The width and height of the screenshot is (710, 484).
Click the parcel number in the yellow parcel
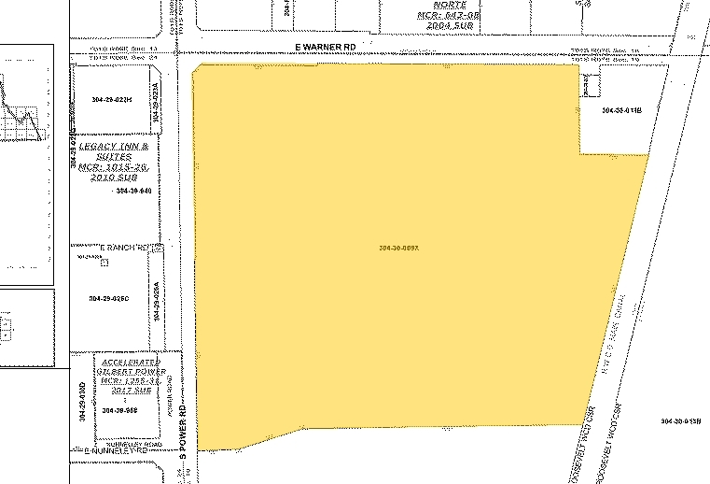(402, 248)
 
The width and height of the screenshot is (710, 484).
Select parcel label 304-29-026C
(108, 299)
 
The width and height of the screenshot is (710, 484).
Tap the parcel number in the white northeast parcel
(623, 111)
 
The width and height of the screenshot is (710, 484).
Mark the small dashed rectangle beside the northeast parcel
(589, 85)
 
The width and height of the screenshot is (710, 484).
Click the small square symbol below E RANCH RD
(105, 263)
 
